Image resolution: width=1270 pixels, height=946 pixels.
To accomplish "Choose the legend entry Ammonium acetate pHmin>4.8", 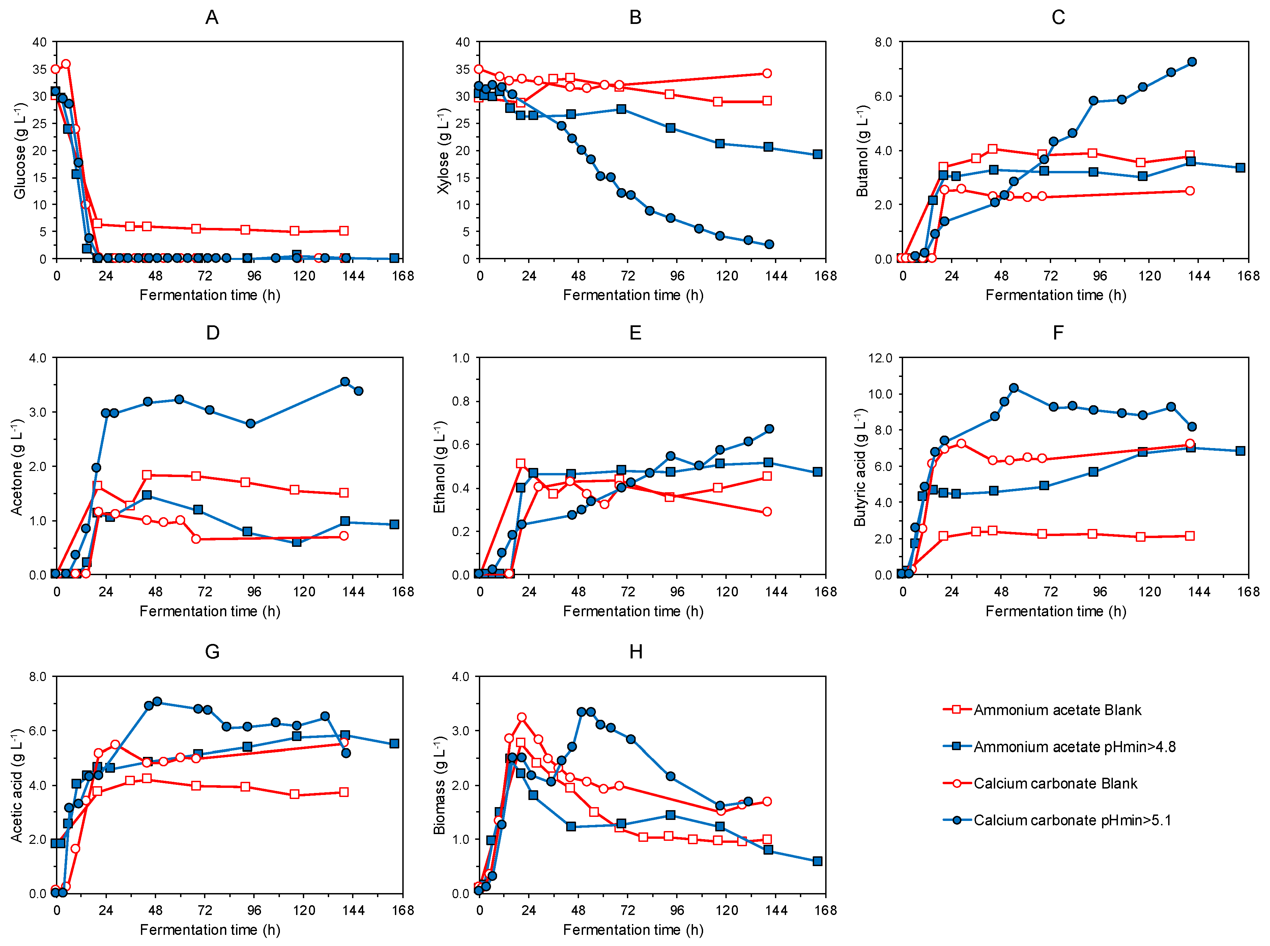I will click(1074, 747).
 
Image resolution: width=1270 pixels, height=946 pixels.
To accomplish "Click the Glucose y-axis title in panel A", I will click(20, 151).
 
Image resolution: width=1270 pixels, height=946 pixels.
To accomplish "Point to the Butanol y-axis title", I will click(862, 151).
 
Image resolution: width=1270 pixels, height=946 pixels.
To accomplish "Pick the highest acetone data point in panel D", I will click(345, 381).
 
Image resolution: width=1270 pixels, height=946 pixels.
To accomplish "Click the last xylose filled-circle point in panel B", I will click(769, 244).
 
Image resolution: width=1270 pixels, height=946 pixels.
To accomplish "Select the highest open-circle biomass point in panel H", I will click(521, 717).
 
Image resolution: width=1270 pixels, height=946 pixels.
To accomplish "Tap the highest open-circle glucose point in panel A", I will click(66, 64).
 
